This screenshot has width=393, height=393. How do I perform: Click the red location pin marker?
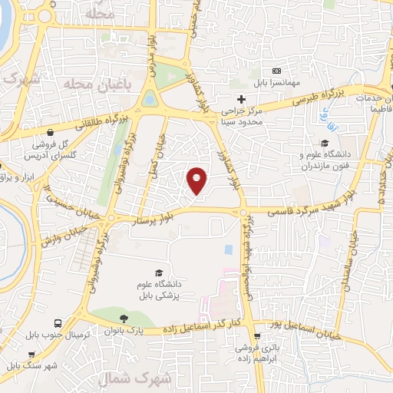point(197,180)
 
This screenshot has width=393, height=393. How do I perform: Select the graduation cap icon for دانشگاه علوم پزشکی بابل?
point(159,273)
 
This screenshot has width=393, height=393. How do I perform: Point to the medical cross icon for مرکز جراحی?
point(241,98)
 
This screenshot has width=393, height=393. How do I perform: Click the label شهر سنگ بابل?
point(32,365)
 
